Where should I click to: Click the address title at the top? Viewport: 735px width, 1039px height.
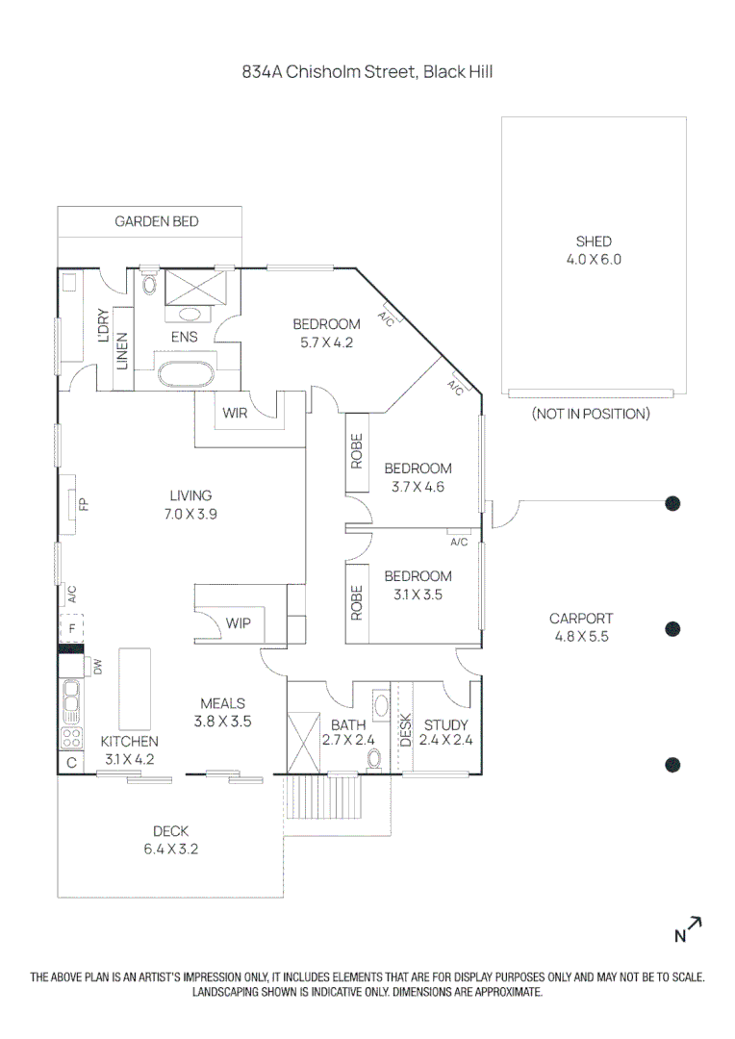tap(367, 71)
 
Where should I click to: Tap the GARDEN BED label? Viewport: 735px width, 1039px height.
tap(157, 221)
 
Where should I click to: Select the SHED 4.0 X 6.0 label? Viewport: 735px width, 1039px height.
tap(594, 250)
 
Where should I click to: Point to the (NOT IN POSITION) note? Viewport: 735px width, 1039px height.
tap(591, 414)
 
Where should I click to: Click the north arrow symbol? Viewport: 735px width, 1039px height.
tap(688, 928)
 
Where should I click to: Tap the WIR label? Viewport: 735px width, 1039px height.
tap(236, 413)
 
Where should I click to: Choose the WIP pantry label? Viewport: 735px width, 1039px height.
tap(239, 623)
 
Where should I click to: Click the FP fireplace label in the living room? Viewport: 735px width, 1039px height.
tap(84, 503)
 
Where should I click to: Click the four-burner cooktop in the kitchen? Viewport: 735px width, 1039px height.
tap(71, 739)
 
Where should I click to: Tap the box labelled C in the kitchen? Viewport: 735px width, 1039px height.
tap(70, 763)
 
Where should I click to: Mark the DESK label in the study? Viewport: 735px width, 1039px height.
tap(405, 729)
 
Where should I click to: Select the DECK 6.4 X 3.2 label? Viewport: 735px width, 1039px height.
tap(170, 840)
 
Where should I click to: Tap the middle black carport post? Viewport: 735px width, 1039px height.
tap(673, 629)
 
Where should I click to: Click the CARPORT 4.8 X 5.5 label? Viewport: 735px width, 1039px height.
tap(581, 627)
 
